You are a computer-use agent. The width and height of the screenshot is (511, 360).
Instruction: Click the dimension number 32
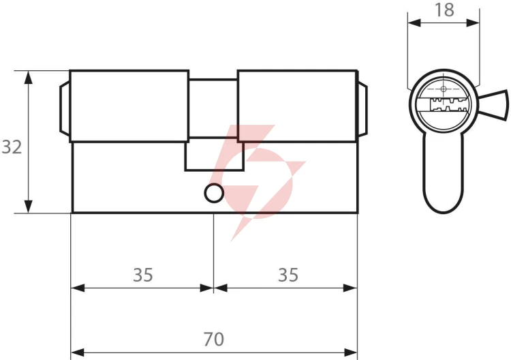pyautogui.click(x=12, y=147)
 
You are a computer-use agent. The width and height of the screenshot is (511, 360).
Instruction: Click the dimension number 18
pyautogui.click(x=444, y=10)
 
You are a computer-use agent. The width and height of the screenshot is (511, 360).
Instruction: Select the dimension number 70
pyautogui.click(x=213, y=339)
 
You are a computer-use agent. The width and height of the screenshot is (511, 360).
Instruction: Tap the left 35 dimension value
pyautogui.click(x=143, y=275)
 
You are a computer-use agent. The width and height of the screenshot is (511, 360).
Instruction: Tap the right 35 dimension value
pyautogui.click(x=288, y=275)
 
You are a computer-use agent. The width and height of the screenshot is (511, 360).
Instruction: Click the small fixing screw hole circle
pyautogui.click(x=214, y=193)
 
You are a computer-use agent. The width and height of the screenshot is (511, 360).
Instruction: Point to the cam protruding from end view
pyautogui.click(x=494, y=105)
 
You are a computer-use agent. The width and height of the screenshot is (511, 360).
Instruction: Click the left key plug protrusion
pyautogui.click(x=65, y=108)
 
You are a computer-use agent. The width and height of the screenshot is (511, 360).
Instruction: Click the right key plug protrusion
pyautogui.click(x=362, y=109)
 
